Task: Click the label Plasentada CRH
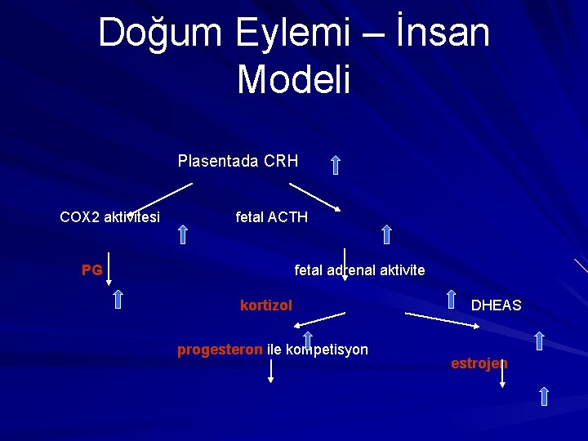pyautogui.click(x=238, y=161)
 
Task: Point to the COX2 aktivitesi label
pyautogui.click(x=109, y=216)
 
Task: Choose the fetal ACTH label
pyautogui.click(x=271, y=216)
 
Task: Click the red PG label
pyautogui.click(x=92, y=269)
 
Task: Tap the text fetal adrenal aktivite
pyautogui.click(x=359, y=269)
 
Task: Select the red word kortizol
pyautogui.click(x=266, y=305)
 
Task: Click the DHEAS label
pyautogui.click(x=496, y=305)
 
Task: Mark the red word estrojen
pyautogui.click(x=479, y=363)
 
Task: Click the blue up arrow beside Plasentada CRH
pyautogui.click(x=335, y=166)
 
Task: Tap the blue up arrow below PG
pyautogui.click(x=118, y=299)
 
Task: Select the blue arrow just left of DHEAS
pyautogui.click(x=451, y=299)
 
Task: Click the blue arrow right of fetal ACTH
pyautogui.click(x=386, y=235)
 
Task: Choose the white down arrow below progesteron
pyautogui.click(x=272, y=372)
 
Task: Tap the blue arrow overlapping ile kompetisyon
pyautogui.click(x=308, y=343)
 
